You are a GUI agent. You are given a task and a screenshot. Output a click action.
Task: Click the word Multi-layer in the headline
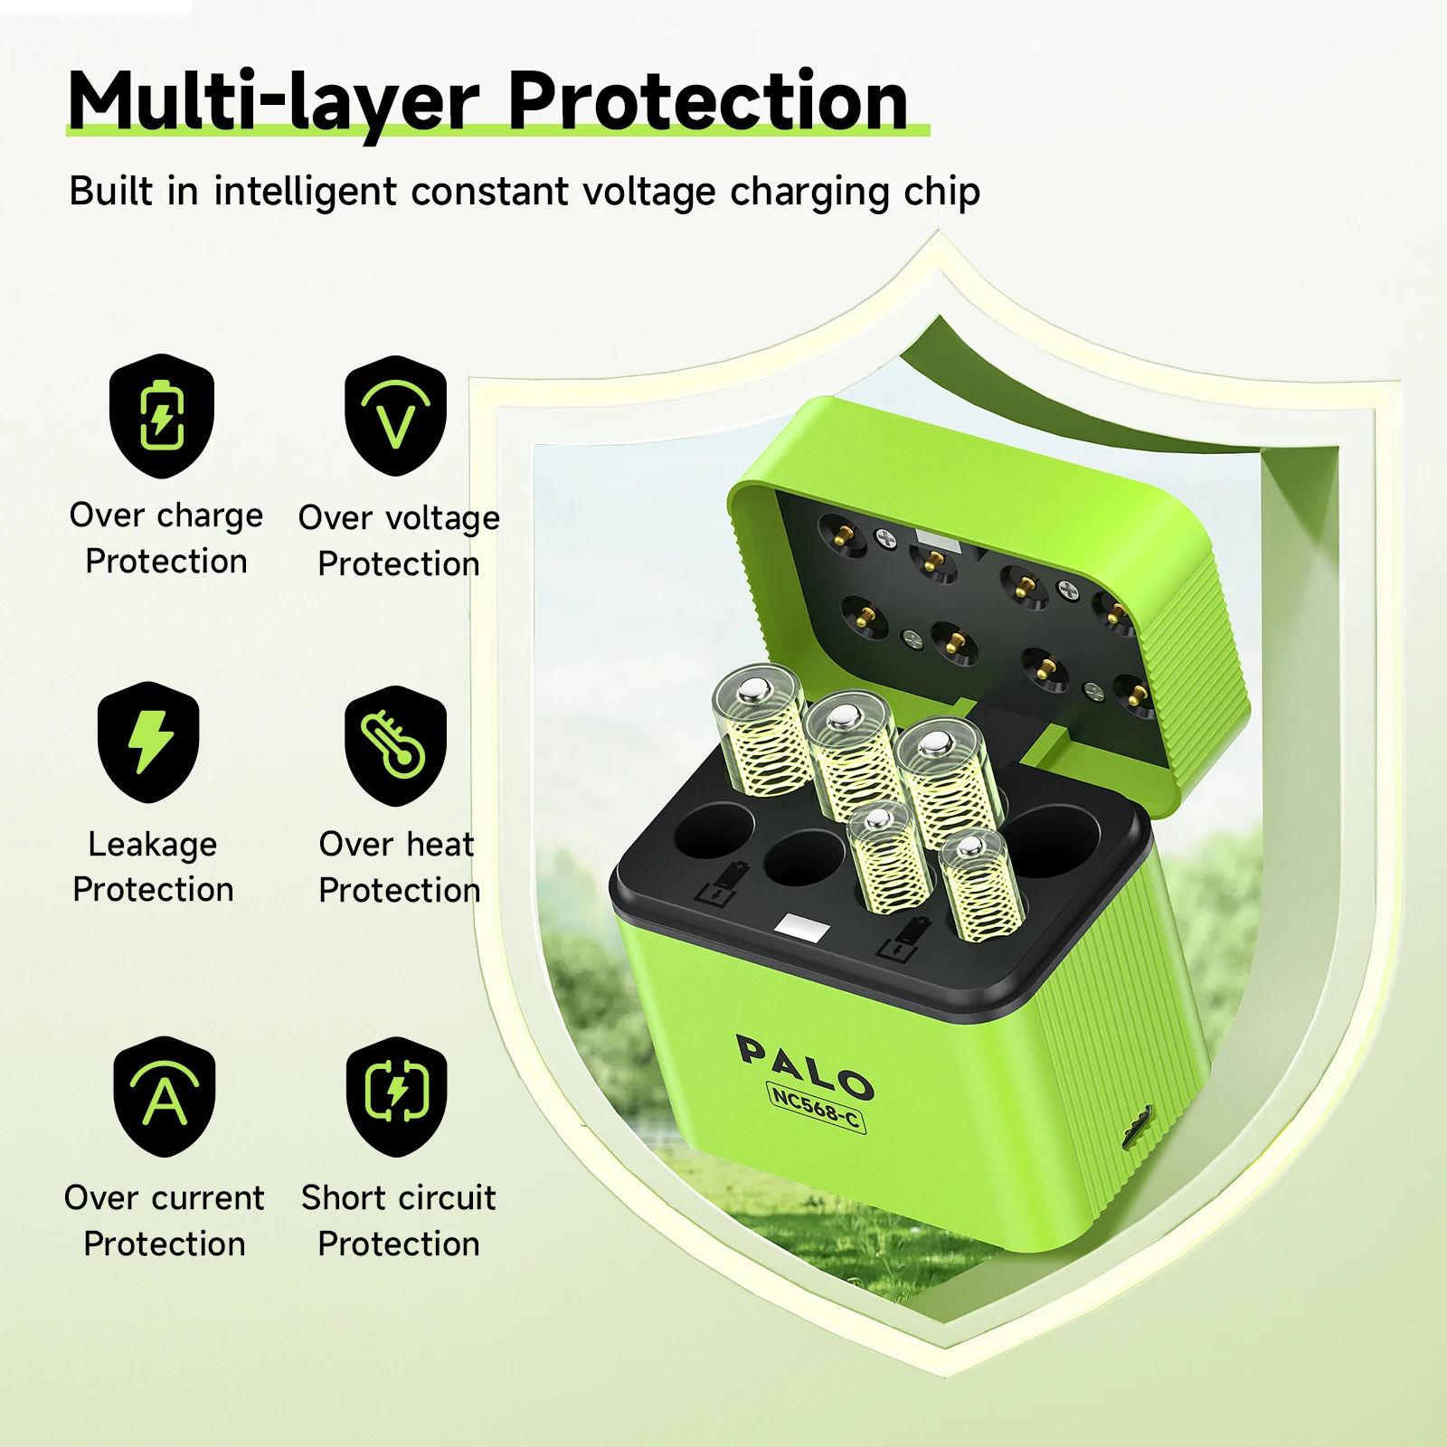coord(271,101)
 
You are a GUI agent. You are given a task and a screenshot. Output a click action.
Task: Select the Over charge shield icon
coord(162,416)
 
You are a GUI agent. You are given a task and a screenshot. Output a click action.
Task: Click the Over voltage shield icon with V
coord(395,416)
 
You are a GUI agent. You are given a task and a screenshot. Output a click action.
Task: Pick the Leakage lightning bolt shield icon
coord(149,742)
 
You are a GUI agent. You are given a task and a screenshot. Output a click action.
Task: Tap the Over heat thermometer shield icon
coord(395,746)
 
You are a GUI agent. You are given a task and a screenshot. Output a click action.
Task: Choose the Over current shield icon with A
coord(165,1096)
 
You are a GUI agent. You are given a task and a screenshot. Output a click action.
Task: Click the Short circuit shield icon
coord(397,1096)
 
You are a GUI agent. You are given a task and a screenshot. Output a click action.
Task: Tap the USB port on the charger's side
coord(1137,1126)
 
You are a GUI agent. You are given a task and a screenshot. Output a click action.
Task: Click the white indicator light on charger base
coord(801,929)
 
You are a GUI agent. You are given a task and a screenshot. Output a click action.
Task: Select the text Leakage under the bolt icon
coord(153,845)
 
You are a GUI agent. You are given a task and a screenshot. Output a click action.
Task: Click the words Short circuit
coord(399,1198)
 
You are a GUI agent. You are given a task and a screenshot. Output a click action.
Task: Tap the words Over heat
coord(396,845)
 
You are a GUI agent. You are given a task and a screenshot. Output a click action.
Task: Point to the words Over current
coord(165,1198)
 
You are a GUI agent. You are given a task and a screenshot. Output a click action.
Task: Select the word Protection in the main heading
coord(707,101)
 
